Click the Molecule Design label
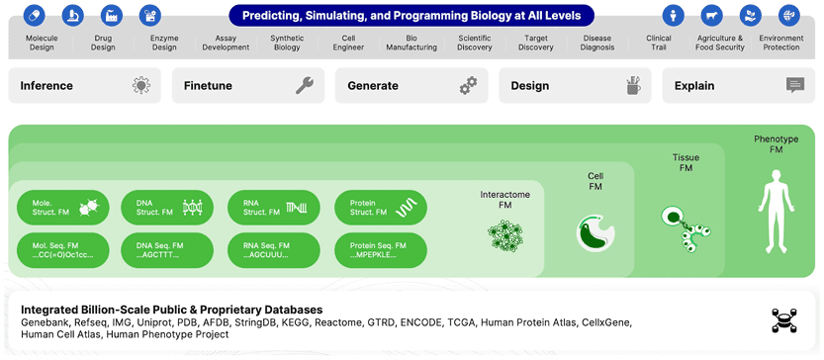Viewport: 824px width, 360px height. [42, 43]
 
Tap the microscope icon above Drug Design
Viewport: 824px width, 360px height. [72, 15]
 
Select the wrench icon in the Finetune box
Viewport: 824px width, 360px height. [305, 85]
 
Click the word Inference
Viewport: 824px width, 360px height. [46, 86]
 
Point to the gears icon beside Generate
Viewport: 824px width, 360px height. [468, 85]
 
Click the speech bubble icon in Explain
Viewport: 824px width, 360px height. [795, 85]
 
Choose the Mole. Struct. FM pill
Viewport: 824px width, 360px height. [62, 208]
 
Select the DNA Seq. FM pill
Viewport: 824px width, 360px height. [167, 250]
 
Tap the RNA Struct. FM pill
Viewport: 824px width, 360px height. [274, 208]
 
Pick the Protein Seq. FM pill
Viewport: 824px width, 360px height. [381, 250]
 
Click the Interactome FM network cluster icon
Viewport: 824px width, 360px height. [505, 235]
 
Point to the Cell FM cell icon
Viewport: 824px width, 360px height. [595, 231]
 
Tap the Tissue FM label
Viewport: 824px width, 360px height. [686, 163]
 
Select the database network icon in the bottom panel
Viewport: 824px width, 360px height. [784, 320]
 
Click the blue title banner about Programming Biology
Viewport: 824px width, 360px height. [412, 15]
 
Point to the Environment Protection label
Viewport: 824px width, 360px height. [780, 43]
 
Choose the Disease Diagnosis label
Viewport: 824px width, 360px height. [597, 43]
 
